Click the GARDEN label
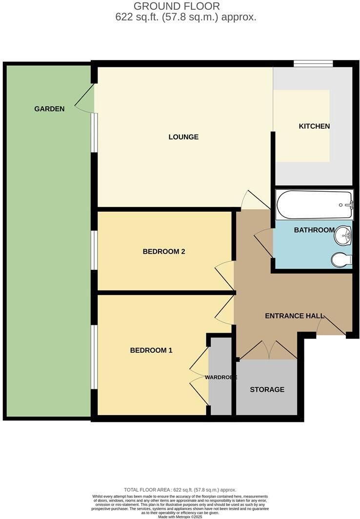[49, 109]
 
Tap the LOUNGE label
[183, 137]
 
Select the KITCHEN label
[314, 126]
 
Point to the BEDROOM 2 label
[164, 252]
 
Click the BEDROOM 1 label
[151, 350]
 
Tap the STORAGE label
[267, 390]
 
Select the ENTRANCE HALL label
[295, 316]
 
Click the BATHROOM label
[314, 230]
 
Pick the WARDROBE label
[221, 378]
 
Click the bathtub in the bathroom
[314, 204]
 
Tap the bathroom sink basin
[343, 236]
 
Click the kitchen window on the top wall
[313, 63]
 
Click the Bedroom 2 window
[94, 250]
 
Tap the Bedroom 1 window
[94, 357]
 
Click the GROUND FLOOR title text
[177, 6]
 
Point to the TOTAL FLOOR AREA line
[180, 490]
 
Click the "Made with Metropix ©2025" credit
[180, 517]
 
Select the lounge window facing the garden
[94, 133]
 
